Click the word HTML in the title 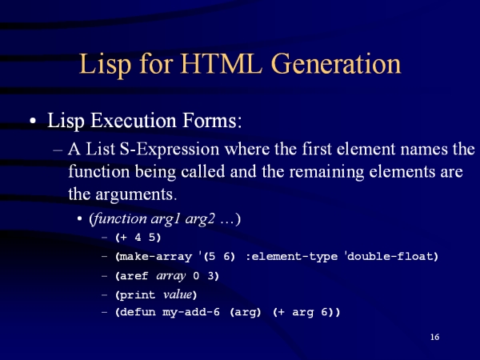221,63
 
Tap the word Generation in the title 336,63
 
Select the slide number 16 434,337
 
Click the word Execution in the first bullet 133,120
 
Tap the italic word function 118,219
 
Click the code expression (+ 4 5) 138,238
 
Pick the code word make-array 155,257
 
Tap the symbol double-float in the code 390,256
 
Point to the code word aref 134,276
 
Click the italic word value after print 178,294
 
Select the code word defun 137,312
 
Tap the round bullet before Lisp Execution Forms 33,121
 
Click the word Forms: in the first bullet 212,120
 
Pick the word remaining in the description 326,172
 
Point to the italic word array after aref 171,277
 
